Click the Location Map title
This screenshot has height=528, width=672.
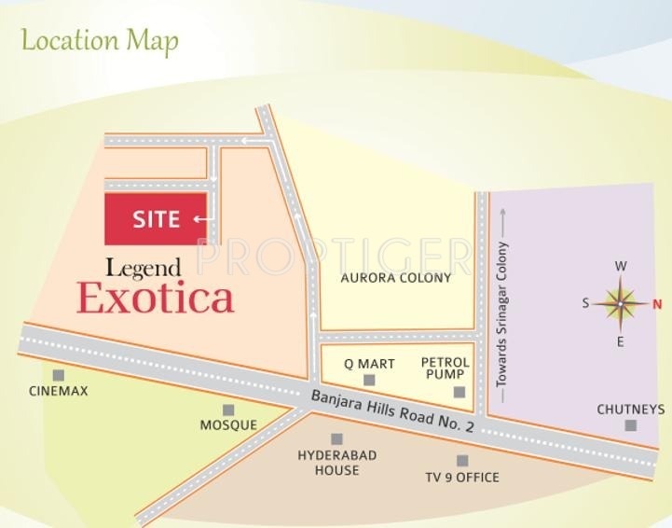click(x=100, y=41)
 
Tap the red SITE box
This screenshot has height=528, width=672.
click(x=156, y=219)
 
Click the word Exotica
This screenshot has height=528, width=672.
click(x=155, y=299)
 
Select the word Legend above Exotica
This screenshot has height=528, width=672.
click(x=142, y=269)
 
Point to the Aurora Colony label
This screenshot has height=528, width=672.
click(x=395, y=277)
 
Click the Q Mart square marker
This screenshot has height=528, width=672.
click(x=369, y=380)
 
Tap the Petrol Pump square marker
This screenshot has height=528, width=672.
click(x=459, y=392)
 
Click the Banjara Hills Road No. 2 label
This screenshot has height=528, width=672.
click(x=392, y=411)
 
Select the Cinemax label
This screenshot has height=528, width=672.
click(x=59, y=391)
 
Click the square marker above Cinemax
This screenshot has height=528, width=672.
click(x=59, y=375)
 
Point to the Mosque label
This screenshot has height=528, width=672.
click(x=228, y=424)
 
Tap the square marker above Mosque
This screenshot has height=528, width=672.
click(x=228, y=410)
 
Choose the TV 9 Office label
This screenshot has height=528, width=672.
click(x=462, y=477)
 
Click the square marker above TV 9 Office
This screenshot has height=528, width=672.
click(x=462, y=461)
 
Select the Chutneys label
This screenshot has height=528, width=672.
click(x=631, y=410)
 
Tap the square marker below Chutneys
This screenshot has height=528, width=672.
click(x=631, y=425)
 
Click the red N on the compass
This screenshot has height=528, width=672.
click(x=656, y=303)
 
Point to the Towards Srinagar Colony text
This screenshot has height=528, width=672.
click(x=501, y=314)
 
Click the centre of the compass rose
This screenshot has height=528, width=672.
click(x=621, y=303)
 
